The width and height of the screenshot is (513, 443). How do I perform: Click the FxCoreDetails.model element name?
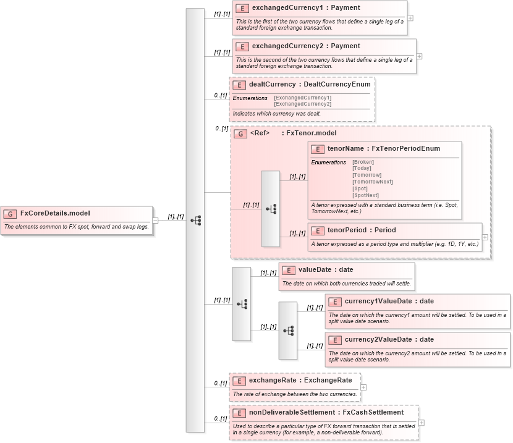tap(55, 213)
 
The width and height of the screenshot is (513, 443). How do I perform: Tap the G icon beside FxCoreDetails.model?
tap(11, 214)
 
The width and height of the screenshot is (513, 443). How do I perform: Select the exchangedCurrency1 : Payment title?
tap(297, 8)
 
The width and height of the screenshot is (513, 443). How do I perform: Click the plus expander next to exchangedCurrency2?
tap(420, 56)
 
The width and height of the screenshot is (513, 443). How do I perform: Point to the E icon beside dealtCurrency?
tap(239, 84)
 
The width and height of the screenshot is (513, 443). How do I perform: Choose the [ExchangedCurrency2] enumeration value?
tap(302, 104)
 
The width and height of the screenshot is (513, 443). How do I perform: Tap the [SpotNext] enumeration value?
tap(365, 195)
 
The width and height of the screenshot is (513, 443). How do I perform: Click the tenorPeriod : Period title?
tap(362, 230)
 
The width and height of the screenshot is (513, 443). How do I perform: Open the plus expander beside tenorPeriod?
tap(485, 237)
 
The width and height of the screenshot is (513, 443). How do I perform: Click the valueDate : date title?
tap(326, 269)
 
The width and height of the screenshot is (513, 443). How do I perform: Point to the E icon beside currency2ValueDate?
tap(335, 340)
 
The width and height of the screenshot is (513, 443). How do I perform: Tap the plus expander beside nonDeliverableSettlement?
tap(422, 423)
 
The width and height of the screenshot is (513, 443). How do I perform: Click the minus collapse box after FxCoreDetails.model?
tap(155, 219)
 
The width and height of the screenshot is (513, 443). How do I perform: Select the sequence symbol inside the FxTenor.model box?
tap(271, 209)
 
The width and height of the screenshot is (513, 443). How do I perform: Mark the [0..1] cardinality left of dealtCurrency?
tap(221, 95)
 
